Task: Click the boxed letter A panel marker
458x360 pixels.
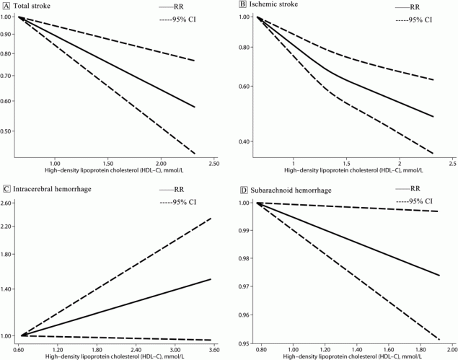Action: (x=6, y=6)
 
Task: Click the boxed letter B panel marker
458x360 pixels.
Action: (x=243, y=6)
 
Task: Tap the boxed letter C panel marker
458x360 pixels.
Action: (x=6, y=190)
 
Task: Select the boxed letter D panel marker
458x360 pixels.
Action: (x=243, y=190)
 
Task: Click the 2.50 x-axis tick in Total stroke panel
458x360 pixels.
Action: (x=213, y=164)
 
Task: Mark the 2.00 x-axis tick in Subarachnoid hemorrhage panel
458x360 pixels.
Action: (x=450, y=348)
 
